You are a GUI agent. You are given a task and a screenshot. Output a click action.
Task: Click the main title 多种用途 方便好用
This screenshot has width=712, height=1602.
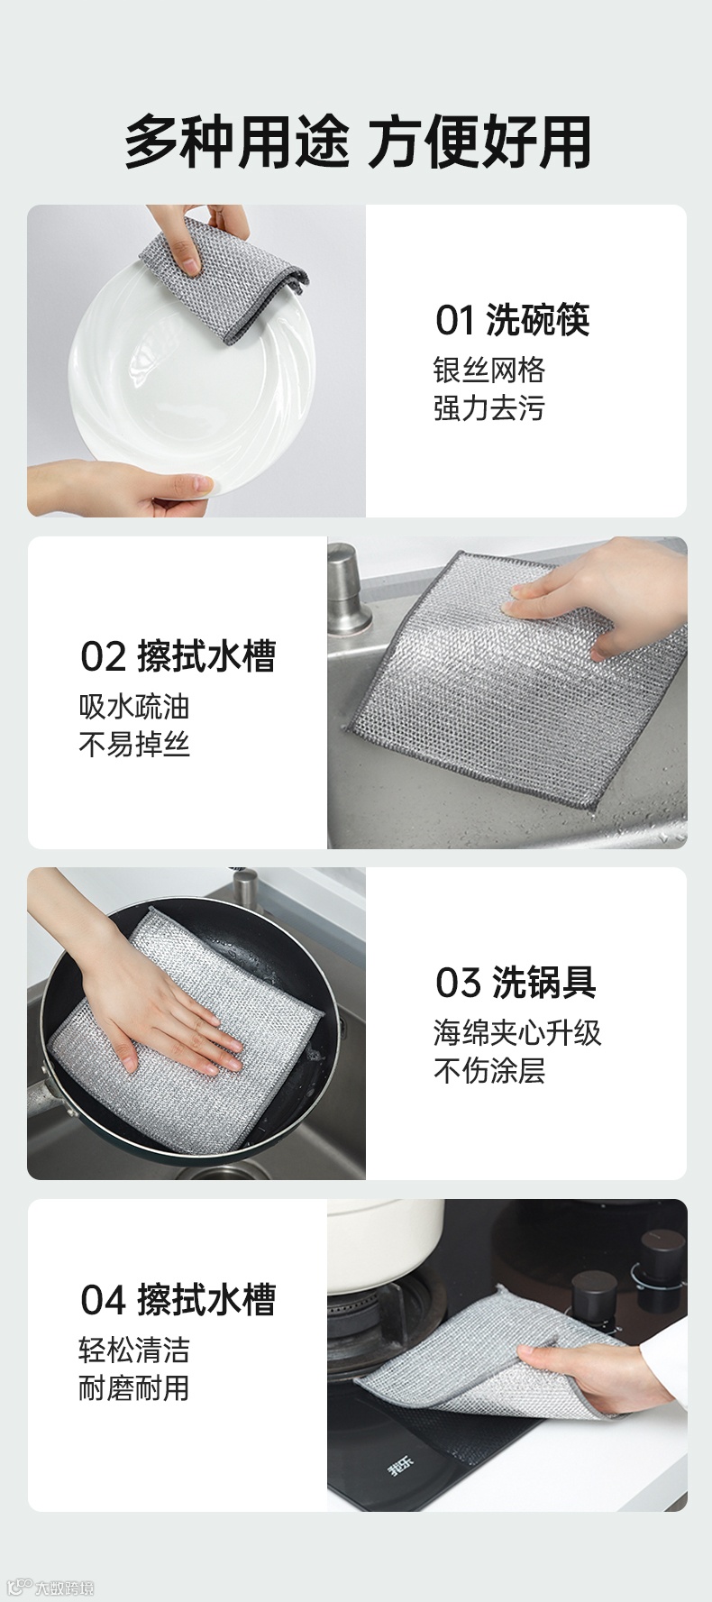coord(358,142)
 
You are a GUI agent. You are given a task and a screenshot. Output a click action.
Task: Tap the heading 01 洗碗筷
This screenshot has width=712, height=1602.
coord(512,320)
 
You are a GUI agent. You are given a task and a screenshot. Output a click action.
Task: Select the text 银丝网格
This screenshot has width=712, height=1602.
coord(489,370)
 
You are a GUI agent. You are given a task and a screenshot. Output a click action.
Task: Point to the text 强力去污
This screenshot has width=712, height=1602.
coord(489,408)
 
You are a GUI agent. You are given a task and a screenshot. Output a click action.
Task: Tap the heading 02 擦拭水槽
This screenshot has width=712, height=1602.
coord(178,656)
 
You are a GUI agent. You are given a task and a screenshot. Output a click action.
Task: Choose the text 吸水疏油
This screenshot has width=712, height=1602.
coord(134,707)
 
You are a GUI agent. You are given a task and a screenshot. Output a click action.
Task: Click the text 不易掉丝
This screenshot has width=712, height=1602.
coord(134,745)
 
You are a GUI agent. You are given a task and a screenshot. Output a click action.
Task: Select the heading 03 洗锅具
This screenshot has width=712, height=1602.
coord(516,983)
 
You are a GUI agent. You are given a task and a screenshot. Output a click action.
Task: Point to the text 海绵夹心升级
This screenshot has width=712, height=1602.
coord(517,1033)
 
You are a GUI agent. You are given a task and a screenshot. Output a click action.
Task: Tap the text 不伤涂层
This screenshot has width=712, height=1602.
coord(489,1071)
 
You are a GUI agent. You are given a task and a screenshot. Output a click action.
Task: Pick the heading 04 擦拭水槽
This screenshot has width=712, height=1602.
coord(178,1300)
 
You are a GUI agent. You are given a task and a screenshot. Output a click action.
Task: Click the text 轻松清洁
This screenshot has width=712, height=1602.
coord(134,1350)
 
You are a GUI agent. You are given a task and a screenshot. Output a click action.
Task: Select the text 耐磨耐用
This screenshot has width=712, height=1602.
coord(134,1388)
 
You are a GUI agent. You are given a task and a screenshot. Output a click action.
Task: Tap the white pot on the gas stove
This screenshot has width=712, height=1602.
coord(386,1244)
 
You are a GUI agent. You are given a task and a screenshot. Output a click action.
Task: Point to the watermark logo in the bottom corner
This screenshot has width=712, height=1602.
coord(50,1588)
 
